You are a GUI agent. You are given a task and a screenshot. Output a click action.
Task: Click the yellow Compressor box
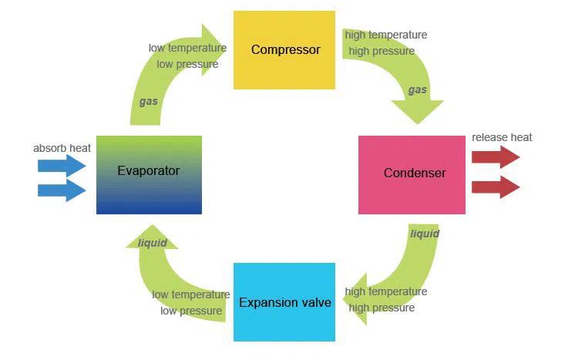point(284,50)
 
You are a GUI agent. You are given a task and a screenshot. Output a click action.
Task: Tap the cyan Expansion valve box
point(284,302)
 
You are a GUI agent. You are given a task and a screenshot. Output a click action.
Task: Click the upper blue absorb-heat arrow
point(62,164)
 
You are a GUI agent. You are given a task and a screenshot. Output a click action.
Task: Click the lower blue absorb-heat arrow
point(62,190)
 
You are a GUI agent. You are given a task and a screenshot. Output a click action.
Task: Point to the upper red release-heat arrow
point(495,157)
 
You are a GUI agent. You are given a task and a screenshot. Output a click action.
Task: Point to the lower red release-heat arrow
point(495,187)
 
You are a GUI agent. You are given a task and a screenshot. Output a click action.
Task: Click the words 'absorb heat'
point(62,148)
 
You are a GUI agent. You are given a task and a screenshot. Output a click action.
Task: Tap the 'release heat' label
point(502,137)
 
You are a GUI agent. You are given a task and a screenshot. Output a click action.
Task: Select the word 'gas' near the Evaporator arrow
point(148,101)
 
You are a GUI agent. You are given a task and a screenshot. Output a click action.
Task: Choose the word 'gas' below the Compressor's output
point(417,89)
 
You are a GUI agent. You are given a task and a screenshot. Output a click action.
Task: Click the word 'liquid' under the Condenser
point(425,234)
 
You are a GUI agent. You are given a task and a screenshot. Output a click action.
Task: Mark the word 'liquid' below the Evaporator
point(152,244)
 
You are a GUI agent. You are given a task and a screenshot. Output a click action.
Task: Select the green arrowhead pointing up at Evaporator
point(152,236)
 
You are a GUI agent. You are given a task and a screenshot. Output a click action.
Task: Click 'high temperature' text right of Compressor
point(385,35)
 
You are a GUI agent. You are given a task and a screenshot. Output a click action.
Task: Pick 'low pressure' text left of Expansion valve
point(191,311)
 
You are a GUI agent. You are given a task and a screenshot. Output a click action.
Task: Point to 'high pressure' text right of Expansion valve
point(382,308)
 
